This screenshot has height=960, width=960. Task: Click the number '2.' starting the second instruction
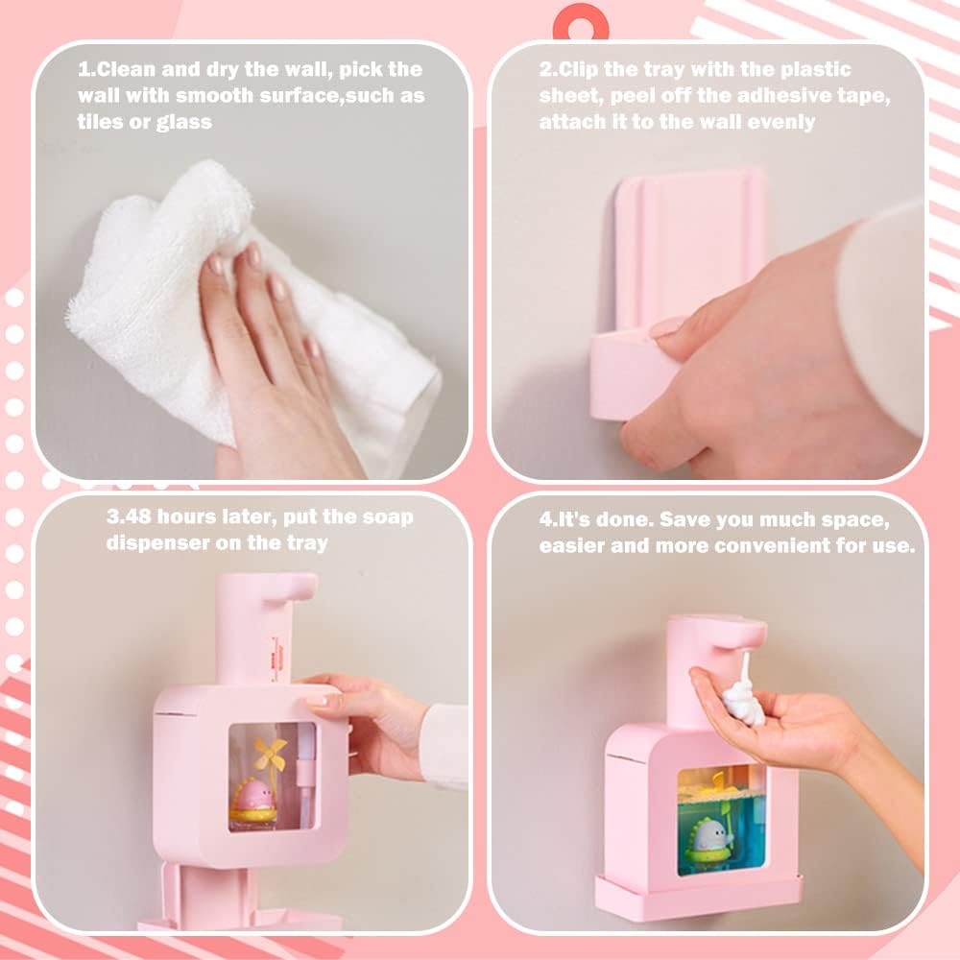click(547, 70)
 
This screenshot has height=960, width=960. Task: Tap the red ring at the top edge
click(581, 19)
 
